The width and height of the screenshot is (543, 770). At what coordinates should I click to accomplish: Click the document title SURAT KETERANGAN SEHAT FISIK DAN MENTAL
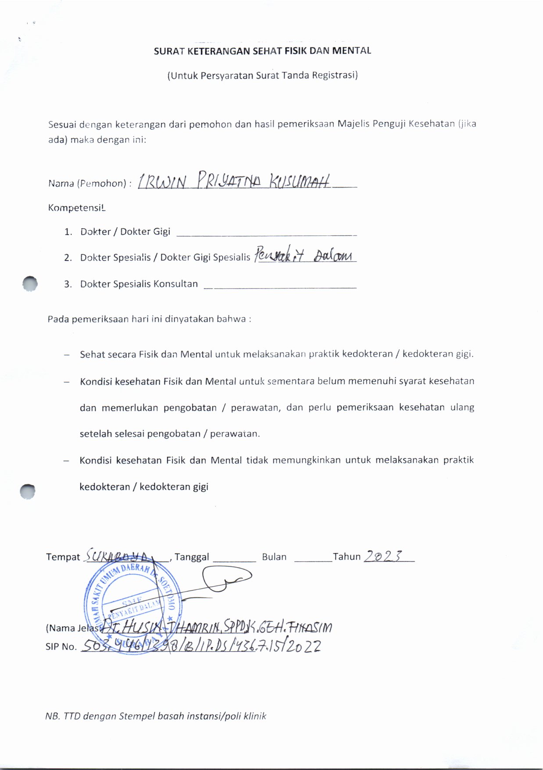tap(262, 51)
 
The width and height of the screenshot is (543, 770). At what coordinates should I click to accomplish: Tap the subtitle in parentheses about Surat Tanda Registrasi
tap(262, 75)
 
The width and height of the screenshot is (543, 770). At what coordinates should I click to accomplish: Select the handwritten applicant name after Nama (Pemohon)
tap(234, 181)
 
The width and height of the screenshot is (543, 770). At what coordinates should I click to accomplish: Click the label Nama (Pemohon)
tap(89, 184)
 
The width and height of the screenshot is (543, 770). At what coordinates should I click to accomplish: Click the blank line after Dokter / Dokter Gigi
tap(266, 234)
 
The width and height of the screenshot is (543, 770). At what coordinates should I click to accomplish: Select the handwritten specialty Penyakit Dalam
tap(304, 255)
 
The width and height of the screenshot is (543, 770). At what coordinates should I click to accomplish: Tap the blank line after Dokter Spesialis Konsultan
tap(280, 287)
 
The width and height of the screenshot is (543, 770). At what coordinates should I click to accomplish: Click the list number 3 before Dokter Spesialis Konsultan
tap(68, 284)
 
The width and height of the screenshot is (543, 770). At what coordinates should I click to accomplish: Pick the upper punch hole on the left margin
tap(30, 284)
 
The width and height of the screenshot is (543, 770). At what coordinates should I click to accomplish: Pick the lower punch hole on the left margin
tap(28, 491)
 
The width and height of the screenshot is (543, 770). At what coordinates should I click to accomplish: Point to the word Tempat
tap(63, 557)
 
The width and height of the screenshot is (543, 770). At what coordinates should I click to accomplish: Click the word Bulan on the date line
tap(274, 557)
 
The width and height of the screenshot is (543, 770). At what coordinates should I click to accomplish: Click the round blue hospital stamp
tap(132, 607)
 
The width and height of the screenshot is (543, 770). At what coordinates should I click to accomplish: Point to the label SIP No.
tap(61, 647)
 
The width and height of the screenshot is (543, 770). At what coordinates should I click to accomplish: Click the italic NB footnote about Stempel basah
tap(156, 716)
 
